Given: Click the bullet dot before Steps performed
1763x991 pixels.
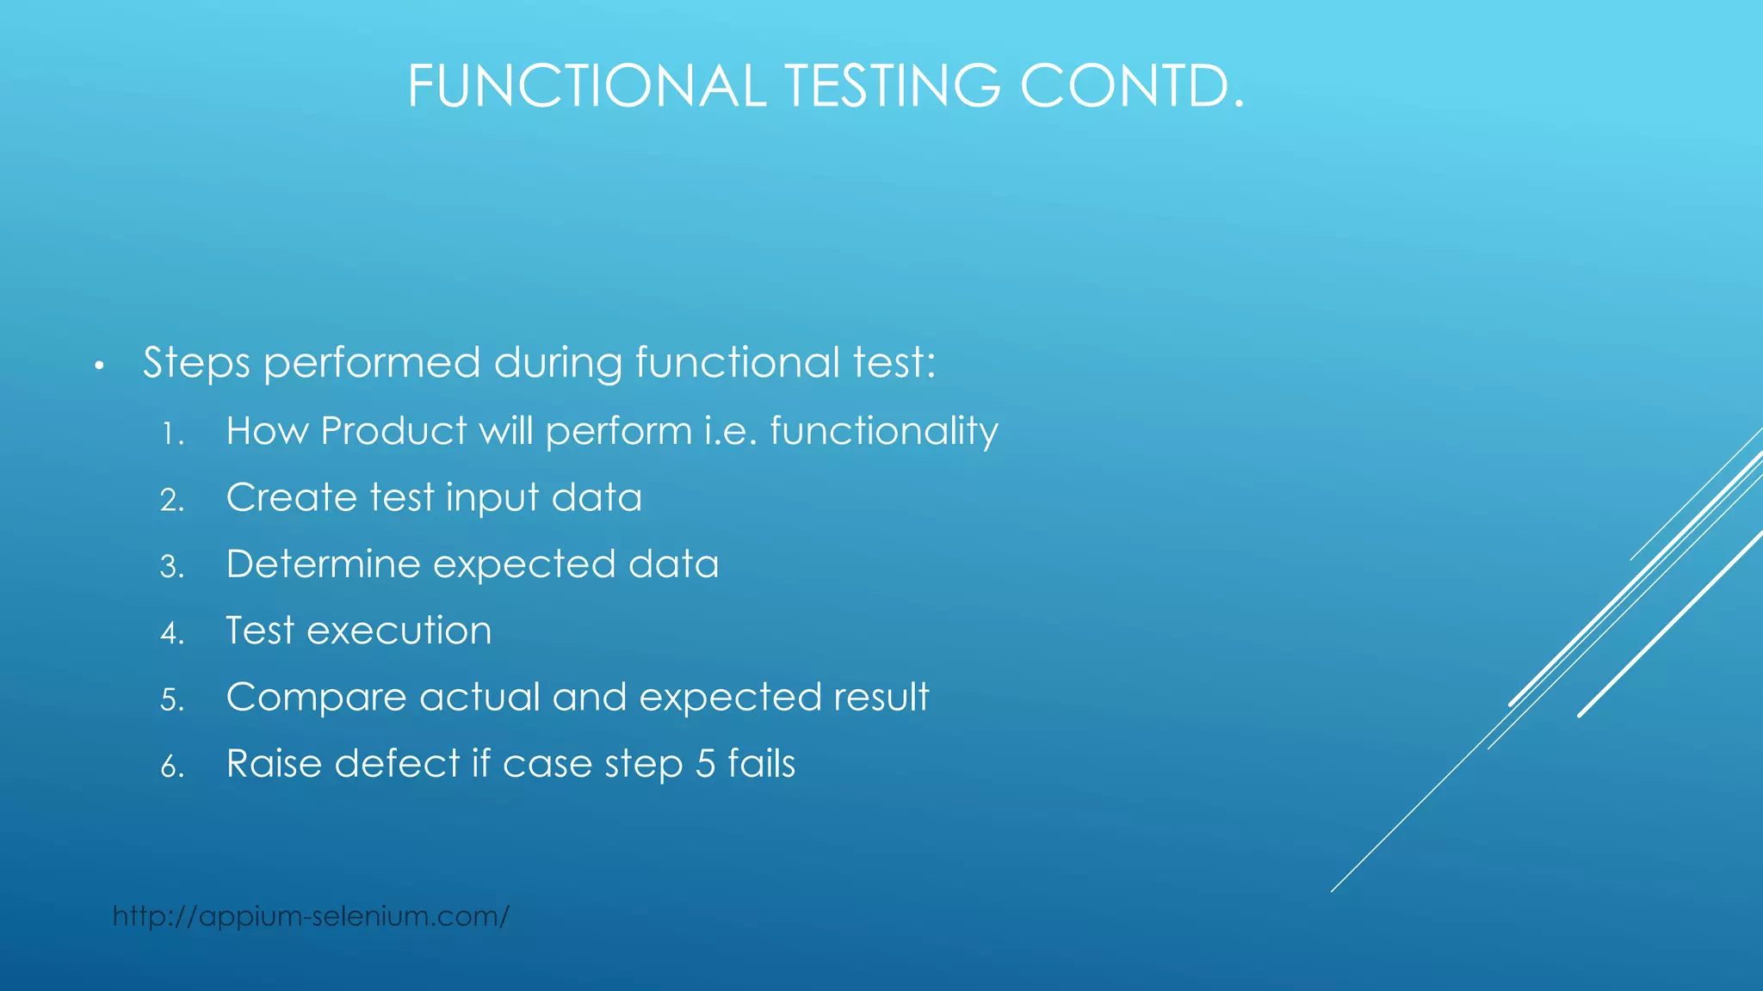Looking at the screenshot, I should pyautogui.click(x=100, y=367).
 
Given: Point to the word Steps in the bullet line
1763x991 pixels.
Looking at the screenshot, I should pyautogui.click(x=196, y=363).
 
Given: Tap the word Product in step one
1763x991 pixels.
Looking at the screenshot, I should pyautogui.click(x=393, y=430).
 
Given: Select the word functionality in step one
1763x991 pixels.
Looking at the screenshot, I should pyautogui.click(x=883, y=432).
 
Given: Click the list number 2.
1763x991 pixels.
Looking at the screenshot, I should pyautogui.click(x=171, y=501).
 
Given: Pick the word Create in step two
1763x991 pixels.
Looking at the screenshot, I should pyautogui.click(x=292, y=497).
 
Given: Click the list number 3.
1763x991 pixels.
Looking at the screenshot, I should pyautogui.click(x=171, y=567).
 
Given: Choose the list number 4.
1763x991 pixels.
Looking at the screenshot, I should pyautogui.click(x=171, y=634).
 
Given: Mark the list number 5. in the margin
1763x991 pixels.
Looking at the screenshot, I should pyautogui.click(x=171, y=700).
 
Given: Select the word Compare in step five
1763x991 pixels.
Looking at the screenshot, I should pyautogui.click(x=316, y=698).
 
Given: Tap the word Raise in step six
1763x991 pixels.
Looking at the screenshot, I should pyautogui.click(x=274, y=764).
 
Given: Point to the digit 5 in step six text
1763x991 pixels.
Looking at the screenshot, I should pyautogui.click(x=705, y=764).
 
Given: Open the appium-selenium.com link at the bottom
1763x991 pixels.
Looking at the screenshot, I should pyautogui.click(x=311, y=916).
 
